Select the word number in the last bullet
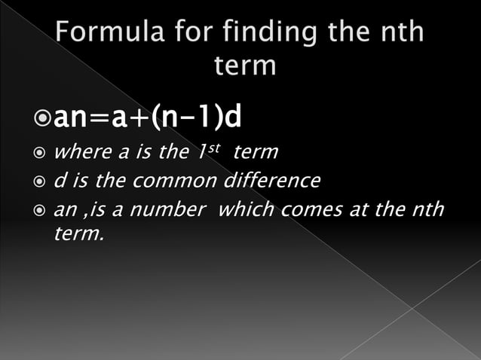click(x=174, y=211)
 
